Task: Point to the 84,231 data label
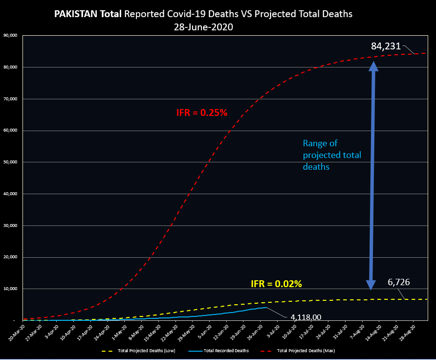coord(386,46)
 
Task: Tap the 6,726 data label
coord(398,282)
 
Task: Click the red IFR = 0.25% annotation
coord(202,113)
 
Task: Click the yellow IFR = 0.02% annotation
coord(276,284)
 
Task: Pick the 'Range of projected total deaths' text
coord(332,155)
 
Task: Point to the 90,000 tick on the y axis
coord(11,35)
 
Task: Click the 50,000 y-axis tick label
coord(11,162)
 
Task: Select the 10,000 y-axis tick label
coord(11,289)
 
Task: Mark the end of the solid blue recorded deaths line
coord(266,307)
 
